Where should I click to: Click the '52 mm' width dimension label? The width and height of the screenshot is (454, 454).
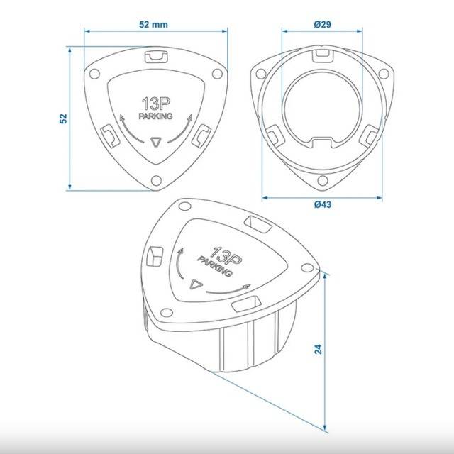tap(153, 25)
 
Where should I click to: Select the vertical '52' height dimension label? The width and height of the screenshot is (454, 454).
tap(63, 118)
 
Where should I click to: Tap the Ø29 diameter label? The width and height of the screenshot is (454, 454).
tap(322, 24)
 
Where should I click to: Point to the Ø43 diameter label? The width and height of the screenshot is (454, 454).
tap(323, 204)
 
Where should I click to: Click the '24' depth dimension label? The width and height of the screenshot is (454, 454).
tap(318, 349)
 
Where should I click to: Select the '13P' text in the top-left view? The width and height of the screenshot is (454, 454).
tap(156, 104)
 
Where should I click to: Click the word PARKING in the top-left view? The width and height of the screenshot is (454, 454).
tap(156, 116)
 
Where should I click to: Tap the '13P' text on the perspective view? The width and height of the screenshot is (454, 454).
tap(225, 256)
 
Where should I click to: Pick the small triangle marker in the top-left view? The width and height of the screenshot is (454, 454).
tap(156, 143)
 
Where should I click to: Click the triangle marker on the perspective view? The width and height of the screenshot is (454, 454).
tap(196, 284)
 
